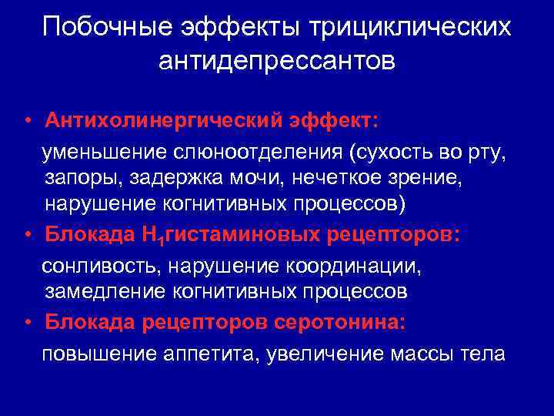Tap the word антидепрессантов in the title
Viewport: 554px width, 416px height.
[277, 61]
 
